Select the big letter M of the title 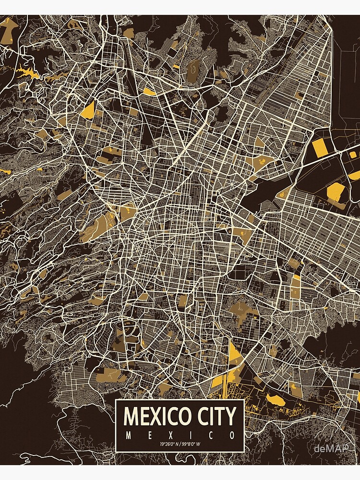pyautogui.click(x=131, y=416)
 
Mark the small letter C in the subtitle pyautogui.click(x=211, y=435)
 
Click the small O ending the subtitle pyautogui.click(x=232, y=435)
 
